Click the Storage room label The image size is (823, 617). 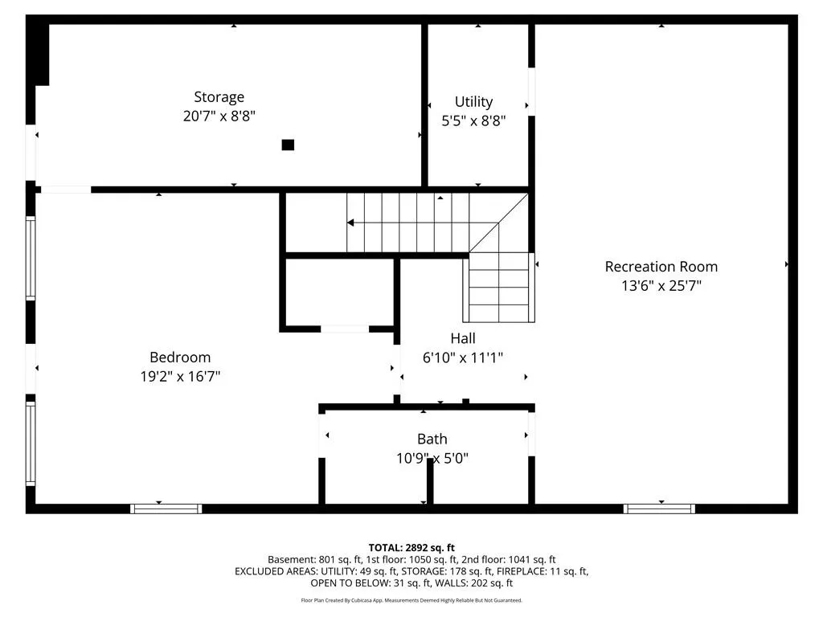tap(219, 97)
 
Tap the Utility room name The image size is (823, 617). tap(473, 101)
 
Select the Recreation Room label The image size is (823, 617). tap(661, 267)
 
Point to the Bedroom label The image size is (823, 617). tap(180, 358)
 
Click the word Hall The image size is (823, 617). tap(463, 338)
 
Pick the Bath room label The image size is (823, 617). tap(432, 439)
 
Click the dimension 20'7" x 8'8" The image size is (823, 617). tap(219, 116)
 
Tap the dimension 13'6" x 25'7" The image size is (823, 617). tap(661, 285)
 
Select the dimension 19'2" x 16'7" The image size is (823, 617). tap(180, 376)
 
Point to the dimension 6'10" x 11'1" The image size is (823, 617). tap(463, 358)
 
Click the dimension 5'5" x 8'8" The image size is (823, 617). tap(473, 121)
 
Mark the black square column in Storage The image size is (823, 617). tap(288, 145)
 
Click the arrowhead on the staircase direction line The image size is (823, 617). tap(350, 223)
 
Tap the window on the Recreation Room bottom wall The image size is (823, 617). tap(659, 509)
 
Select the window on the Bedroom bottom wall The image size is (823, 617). tap(166, 509)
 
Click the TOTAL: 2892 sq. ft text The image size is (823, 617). tap(411, 548)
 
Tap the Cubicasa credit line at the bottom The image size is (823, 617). tap(411, 600)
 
